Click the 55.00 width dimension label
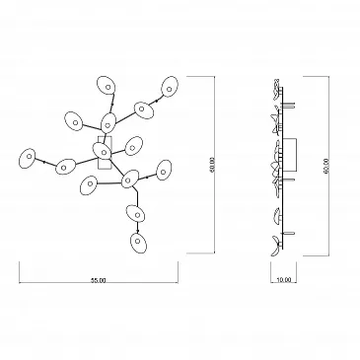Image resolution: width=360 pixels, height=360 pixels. pos(99,280)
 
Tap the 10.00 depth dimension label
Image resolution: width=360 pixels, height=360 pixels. pos(283,280)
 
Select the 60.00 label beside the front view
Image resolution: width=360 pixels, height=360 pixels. pos(212,165)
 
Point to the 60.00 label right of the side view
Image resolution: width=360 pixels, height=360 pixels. pos(326,167)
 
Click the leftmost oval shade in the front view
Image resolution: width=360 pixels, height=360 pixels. pos(28,158)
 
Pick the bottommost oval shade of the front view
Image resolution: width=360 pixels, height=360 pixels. pos(138,243)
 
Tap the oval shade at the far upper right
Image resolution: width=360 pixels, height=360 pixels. pos(170,87)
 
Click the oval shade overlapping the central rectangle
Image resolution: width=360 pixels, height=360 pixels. pos(104,151)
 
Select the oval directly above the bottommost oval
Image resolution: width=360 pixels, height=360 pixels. pos(136,215)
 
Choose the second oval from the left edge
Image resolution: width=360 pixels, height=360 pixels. pos(65,167)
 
